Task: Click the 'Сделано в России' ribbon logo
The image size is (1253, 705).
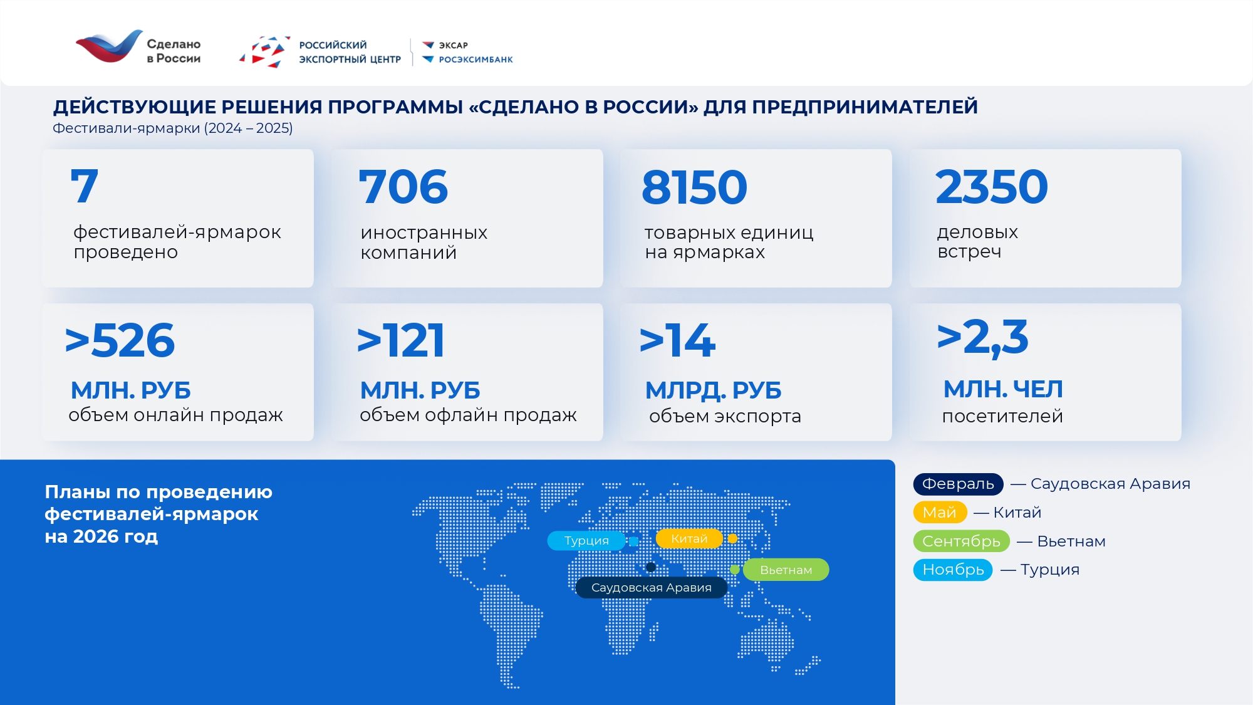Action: click(109, 46)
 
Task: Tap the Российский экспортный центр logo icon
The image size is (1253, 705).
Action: click(265, 52)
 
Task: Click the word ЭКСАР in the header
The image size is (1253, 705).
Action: click(453, 45)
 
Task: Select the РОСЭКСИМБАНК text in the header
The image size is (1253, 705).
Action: click(476, 60)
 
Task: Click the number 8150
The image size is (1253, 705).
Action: click(694, 187)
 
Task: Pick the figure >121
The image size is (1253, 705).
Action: click(401, 341)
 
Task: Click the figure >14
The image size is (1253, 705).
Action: click(677, 341)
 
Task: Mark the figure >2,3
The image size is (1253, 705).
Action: click(982, 338)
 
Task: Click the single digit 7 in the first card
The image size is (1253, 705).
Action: click(85, 186)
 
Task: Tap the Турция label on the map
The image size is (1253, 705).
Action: click(586, 540)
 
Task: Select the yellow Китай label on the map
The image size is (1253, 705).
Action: click(689, 538)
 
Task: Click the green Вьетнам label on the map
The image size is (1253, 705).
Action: click(786, 570)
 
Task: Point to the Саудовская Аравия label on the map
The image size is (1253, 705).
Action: click(652, 587)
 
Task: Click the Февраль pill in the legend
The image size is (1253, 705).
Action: click(958, 484)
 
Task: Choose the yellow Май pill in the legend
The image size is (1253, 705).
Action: click(940, 513)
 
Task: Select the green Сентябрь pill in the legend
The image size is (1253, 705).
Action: click(961, 541)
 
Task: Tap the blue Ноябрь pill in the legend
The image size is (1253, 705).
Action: click(953, 570)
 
